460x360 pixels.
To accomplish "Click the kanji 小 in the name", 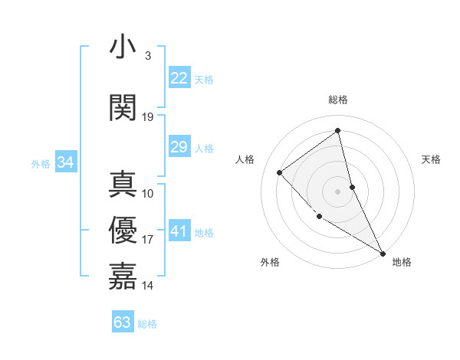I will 123,47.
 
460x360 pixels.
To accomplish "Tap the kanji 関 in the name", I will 123,107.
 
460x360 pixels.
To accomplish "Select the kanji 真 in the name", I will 123,185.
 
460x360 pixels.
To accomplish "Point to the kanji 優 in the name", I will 123,231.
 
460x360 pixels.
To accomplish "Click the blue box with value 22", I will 179,78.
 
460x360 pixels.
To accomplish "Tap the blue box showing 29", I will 179,147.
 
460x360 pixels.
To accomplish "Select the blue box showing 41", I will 179,231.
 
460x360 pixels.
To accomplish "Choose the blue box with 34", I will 65,162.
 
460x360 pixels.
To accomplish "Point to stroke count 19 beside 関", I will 148,117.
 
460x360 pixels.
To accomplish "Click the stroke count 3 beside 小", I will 148,56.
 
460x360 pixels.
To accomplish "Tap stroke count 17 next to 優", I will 148,240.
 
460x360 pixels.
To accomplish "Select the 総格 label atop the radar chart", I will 338,100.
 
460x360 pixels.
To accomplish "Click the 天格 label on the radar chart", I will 431,159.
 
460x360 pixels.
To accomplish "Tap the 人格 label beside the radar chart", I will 245,159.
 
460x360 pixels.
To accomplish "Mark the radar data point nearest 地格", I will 383,253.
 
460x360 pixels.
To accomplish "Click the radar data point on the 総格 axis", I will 338,130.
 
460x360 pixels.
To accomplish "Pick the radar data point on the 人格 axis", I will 280,172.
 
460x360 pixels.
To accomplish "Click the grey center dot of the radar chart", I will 338,191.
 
